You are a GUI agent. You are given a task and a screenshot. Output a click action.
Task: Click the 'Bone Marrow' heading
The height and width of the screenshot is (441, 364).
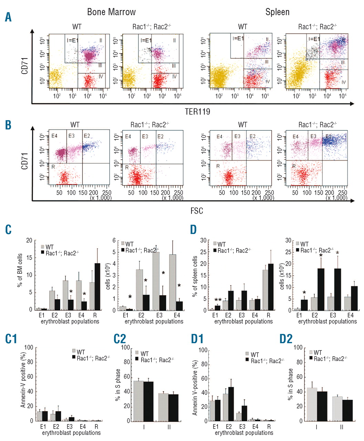tap(111, 12)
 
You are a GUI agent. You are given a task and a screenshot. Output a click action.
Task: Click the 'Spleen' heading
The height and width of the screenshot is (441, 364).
tap(277, 12)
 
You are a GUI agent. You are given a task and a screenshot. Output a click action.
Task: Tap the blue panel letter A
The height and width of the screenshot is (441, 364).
tap(8, 17)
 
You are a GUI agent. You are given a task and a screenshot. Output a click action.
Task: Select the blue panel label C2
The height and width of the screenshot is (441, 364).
tap(119, 339)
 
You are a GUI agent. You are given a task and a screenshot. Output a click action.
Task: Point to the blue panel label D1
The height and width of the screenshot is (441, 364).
tap(197, 339)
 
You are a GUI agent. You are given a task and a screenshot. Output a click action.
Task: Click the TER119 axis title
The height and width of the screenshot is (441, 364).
tap(197, 112)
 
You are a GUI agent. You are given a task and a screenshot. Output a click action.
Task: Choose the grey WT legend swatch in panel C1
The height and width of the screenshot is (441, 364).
tap(74, 351)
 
